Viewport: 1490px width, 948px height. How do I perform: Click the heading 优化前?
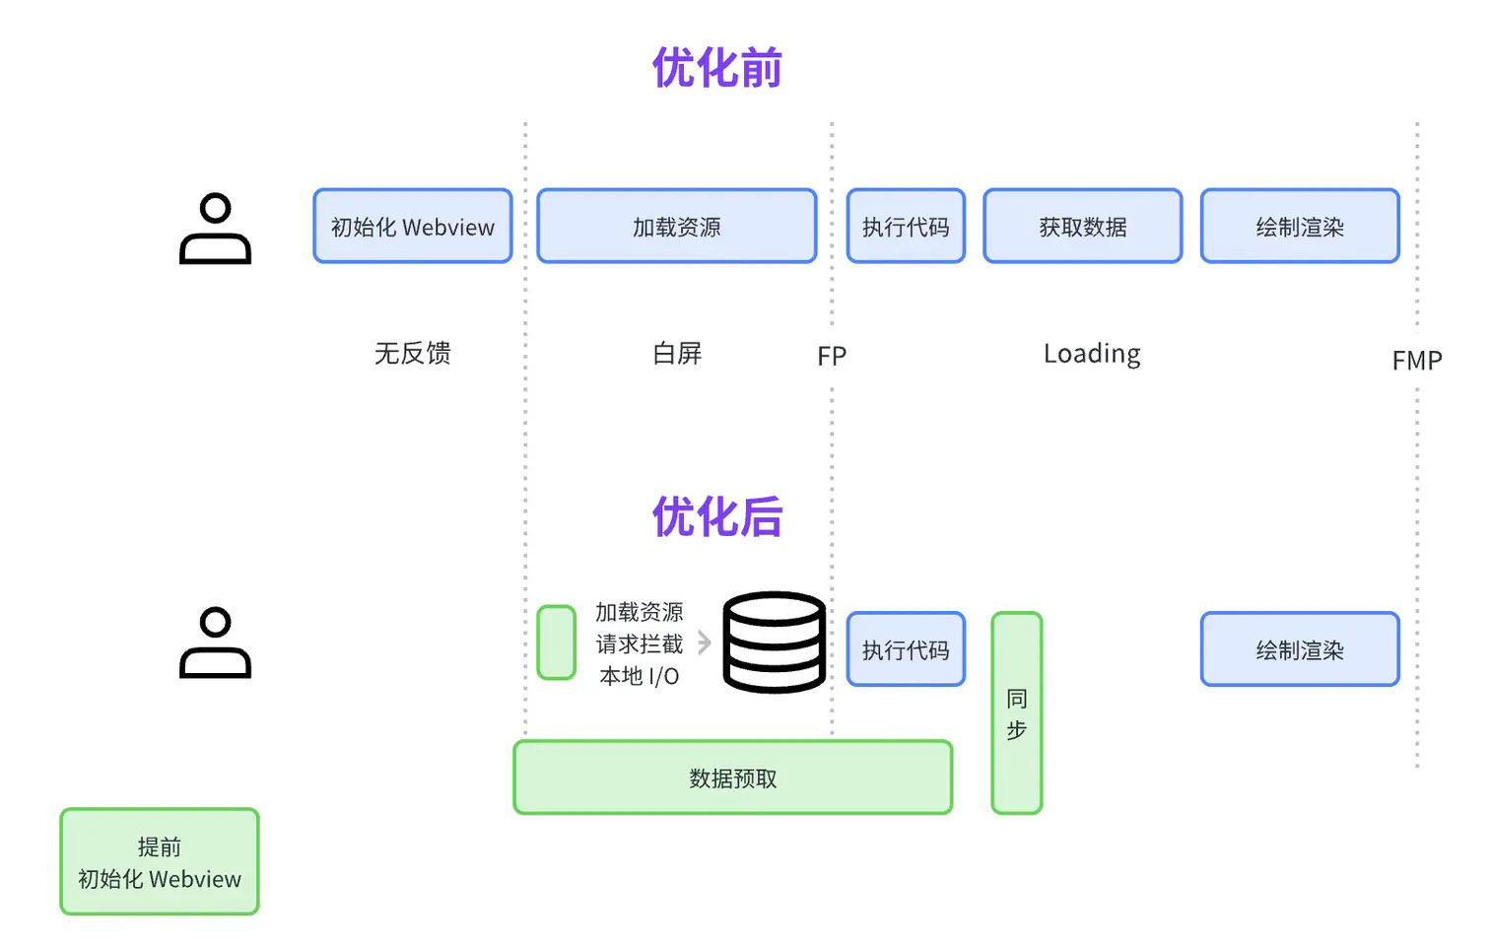click(717, 67)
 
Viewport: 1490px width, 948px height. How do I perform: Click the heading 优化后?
click(717, 516)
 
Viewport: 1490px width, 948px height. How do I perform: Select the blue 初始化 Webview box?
click(412, 227)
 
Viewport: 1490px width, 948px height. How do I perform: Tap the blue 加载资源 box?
click(676, 227)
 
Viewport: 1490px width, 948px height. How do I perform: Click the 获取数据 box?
click(1083, 227)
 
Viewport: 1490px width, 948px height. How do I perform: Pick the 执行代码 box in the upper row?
click(906, 227)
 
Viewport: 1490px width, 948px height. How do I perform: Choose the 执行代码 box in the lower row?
click(906, 649)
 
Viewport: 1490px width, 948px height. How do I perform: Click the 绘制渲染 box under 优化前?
click(1301, 227)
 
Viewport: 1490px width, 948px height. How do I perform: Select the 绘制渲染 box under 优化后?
click(1301, 649)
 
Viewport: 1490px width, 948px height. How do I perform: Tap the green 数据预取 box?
click(733, 778)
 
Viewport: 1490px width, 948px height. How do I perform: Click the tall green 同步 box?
click(1016, 713)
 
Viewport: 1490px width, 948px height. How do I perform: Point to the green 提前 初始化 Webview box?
click(160, 861)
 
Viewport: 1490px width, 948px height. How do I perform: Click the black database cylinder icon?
click(775, 643)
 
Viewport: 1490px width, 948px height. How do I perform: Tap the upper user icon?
click(215, 229)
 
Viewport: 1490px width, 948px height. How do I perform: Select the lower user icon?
click(215, 643)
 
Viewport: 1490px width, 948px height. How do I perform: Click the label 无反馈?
click(413, 353)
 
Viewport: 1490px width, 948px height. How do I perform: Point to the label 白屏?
click(677, 353)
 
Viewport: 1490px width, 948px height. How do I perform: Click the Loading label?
click(1092, 354)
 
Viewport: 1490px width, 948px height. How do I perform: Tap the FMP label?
click(1417, 361)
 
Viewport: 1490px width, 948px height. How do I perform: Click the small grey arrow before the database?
click(705, 643)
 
